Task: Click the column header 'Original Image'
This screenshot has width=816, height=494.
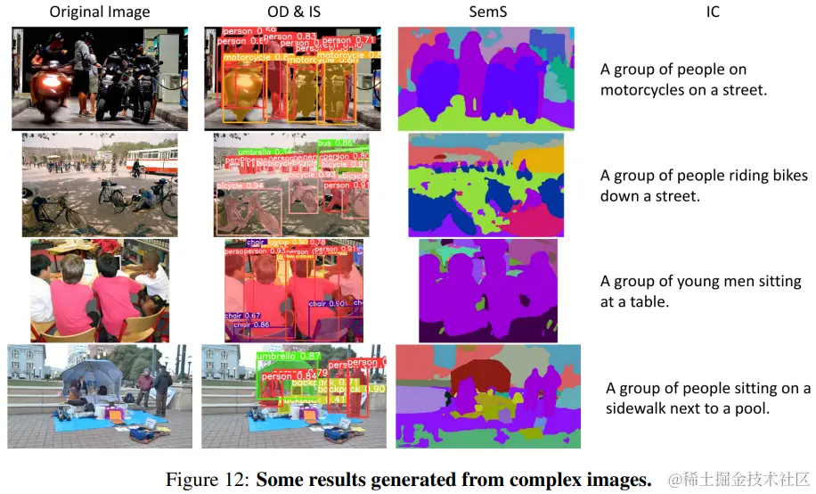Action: tap(99, 12)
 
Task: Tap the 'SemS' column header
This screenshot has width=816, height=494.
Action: tap(486, 12)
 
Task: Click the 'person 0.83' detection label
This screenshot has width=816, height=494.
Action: tap(297, 37)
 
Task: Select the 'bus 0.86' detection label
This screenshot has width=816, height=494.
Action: tap(333, 143)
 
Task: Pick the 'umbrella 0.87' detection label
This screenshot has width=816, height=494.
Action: tap(287, 357)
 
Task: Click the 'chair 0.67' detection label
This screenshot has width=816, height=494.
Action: tap(242, 316)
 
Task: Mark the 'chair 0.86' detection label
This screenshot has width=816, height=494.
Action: tap(252, 325)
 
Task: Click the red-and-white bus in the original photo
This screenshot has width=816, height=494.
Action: tap(153, 160)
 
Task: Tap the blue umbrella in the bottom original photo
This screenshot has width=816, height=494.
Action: tap(94, 369)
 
